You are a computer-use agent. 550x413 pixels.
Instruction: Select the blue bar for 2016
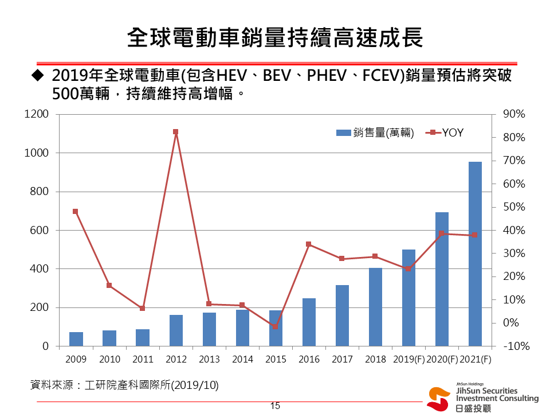tap(309, 322)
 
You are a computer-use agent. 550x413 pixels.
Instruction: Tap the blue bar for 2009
tap(76, 339)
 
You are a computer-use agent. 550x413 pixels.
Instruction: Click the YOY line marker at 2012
tap(176, 132)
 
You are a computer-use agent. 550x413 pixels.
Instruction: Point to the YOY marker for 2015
tap(275, 326)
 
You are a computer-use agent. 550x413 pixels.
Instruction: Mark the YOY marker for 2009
tap(76, 211)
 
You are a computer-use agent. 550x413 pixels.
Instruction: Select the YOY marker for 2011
tap(142, 309)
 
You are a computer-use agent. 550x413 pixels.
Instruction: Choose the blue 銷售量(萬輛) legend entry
tap(375, 133)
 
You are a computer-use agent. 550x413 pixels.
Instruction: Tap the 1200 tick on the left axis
tap(37, 114)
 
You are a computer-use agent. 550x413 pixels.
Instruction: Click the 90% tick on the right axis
tap(513, 114)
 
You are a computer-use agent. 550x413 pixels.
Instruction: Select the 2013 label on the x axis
tap(209, 360)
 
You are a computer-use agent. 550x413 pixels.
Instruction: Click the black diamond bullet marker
tap(38, 75)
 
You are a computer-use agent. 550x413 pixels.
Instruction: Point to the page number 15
tap(275, 406)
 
